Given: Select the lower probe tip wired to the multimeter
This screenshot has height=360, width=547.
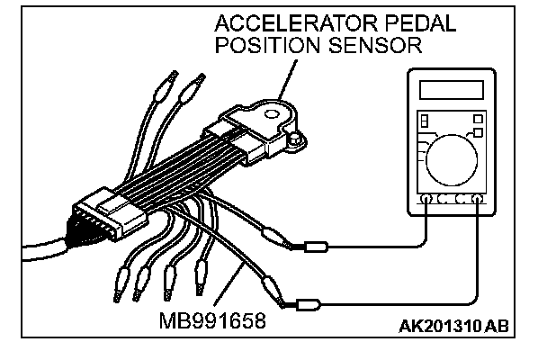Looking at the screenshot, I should (308, 303).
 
